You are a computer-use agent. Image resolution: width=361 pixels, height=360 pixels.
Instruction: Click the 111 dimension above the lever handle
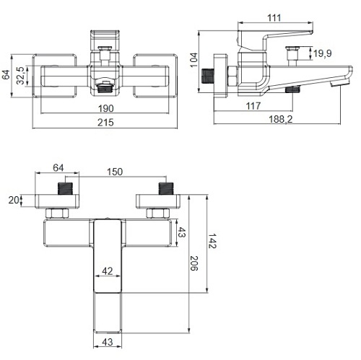[274, 18]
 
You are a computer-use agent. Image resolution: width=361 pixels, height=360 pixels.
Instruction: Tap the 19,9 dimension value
[323, 53]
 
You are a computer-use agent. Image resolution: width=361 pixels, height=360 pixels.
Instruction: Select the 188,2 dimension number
[281, 119]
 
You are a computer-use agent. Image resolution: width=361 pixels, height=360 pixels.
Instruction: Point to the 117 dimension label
[253, 106]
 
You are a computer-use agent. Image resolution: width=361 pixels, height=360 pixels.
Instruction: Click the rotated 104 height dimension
[193, 60]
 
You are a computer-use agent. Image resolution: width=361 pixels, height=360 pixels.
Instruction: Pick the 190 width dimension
[105, 108]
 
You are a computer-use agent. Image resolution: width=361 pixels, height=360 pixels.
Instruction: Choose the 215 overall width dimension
[105, 123]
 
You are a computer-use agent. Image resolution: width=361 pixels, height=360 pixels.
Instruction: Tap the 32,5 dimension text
[21, 76]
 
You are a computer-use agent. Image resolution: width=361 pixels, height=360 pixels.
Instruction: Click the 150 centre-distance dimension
[115, 172]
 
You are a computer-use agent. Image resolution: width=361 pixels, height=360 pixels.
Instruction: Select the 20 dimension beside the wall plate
[14, 200]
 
